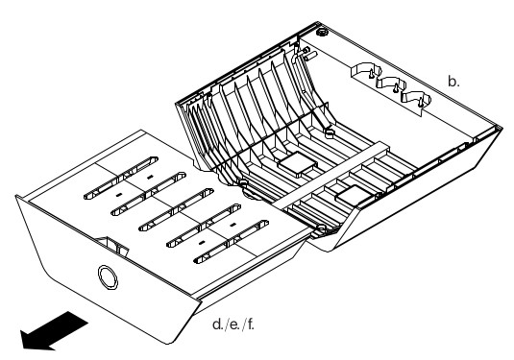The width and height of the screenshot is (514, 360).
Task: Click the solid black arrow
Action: pos(53,331)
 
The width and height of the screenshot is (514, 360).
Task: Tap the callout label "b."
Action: pos(453,82)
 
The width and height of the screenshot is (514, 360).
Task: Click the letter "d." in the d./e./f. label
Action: pos(218,324)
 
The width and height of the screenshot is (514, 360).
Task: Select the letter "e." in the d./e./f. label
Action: pos(234,324)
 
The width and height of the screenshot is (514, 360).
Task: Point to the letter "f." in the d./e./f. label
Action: pos(250,324)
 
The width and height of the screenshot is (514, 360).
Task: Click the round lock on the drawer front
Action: pos(108,277)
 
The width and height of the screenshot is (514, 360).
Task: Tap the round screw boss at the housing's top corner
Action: pos(322,33)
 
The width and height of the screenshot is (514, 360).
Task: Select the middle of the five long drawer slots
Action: pos(176,209)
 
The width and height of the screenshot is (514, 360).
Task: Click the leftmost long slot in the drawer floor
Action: pos(121,178)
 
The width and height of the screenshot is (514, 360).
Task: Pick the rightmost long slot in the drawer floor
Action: pos(232,242)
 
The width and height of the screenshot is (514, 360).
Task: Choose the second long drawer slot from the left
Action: pos(149,194)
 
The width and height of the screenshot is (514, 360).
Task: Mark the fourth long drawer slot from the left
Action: pos(204,226)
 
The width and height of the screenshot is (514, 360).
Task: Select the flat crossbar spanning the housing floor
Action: pos(331,176)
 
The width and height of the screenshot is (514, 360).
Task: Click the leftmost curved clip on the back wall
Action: pos(367,70)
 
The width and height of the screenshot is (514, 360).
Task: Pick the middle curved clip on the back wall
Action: pos(391,84)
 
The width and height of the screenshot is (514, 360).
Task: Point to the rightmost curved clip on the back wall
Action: pos(416,98)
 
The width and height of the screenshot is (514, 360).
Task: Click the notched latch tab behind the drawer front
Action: pos(112,246)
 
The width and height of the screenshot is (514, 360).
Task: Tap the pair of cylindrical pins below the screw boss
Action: pos(309,54)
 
